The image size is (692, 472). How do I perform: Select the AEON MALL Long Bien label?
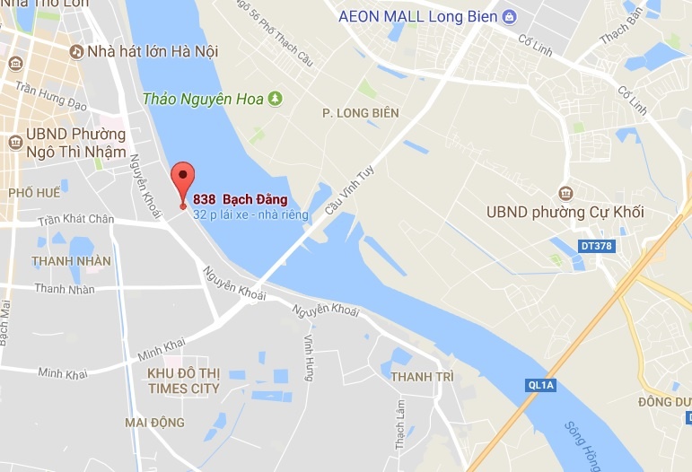point(417,16)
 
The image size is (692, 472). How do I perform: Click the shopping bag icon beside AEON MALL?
point(510,16)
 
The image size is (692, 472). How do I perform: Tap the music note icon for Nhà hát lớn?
point(77,52)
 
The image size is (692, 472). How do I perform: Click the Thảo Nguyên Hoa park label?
point(204,99)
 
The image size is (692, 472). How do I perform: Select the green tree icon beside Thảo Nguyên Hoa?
point(276,99)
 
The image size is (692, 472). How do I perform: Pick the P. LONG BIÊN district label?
point(361,113)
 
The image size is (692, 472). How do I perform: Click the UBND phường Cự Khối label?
point(565,213)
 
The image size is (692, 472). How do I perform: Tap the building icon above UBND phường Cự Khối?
point(565,193)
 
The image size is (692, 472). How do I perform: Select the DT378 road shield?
point(595,245)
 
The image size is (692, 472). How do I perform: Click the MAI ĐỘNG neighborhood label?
point(155,423)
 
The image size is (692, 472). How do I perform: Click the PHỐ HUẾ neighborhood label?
point(34,193)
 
